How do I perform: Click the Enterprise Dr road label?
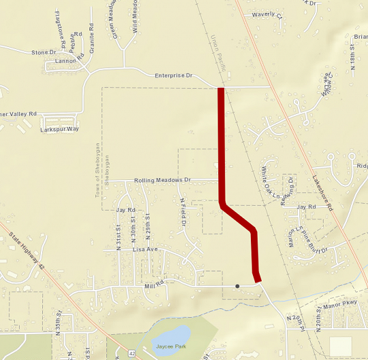174,76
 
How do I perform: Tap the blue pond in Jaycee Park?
171,336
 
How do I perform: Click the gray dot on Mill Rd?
237,286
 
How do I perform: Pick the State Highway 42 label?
26,251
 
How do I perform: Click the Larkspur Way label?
60,129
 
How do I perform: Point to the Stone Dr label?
43,52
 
